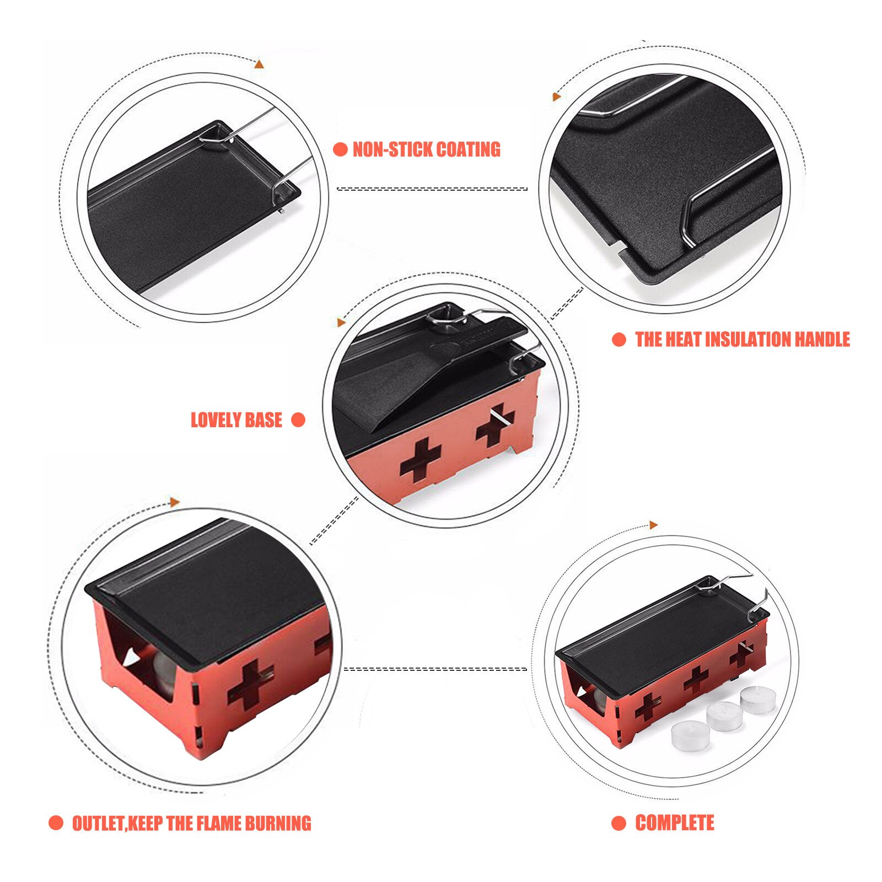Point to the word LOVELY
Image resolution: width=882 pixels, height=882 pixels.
(x=214, y=420)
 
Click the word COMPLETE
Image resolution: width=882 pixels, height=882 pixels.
(x=675, y=823)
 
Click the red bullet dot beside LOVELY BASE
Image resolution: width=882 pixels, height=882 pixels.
(x=298, y=420)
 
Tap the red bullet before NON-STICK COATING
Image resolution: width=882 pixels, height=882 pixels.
(x=340, y=149)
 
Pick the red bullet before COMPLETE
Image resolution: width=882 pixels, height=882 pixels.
(x=619, y=823)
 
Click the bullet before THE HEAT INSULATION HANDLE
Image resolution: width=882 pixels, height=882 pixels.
(x=619, y=340)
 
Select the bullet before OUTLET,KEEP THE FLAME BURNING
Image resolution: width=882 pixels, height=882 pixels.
(x=56, y=823)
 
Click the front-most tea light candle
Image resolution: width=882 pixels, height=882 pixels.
(x=689, y=733)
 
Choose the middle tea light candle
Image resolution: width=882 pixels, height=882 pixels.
(x=724, y=716)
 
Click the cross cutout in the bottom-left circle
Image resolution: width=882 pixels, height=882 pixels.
(x=251, y=684)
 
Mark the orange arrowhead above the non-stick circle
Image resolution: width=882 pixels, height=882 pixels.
(x=259, y=64)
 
